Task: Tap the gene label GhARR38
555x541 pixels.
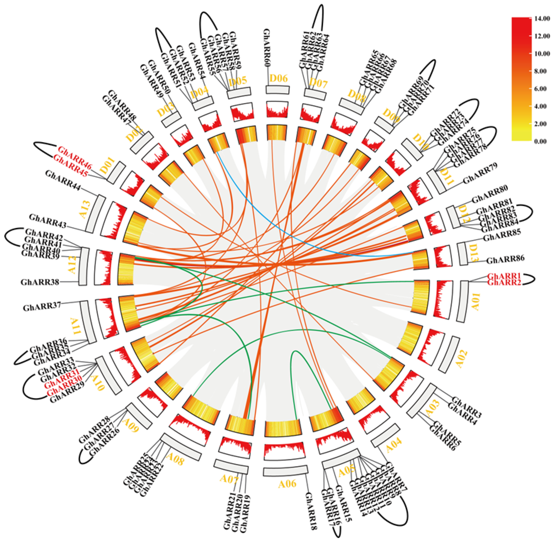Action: [40, 282]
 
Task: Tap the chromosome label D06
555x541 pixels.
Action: [278, 78]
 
